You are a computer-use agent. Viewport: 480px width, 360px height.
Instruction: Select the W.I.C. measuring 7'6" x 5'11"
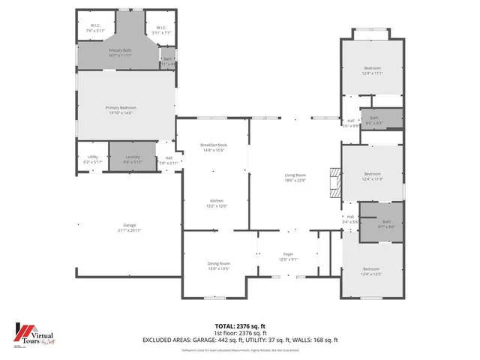pyautogui.click(x=96, y=28)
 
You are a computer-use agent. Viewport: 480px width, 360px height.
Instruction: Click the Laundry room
pyautogui.click(x=133, y=158)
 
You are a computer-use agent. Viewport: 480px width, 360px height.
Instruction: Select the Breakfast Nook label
pyautogui.click(x=212, y=147)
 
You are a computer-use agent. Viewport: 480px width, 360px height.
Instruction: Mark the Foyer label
pyautogui.click(x=289, y=256)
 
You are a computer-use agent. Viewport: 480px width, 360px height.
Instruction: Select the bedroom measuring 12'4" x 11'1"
pyautogui.click(x=373, y=70)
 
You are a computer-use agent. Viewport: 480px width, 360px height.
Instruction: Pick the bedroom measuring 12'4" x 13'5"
pyautogui.click(x=372, y=271)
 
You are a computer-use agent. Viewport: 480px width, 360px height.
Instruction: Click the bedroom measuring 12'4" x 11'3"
pyautogui.click(x=373, y=176)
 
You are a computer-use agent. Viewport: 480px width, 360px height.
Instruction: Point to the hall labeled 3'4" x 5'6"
pyautogui.click(x=350, y=219)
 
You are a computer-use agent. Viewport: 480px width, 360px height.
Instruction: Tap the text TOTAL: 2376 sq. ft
pyautogui.click(x=239, y=326)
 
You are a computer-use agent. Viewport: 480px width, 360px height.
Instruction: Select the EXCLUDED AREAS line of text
pyautogui.click(x=239, y=340)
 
